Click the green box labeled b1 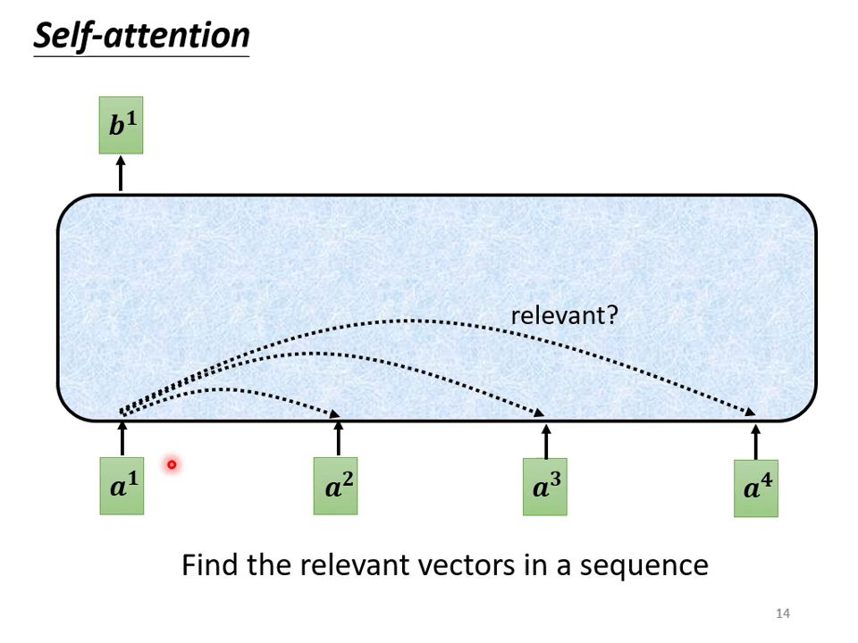(121, 125)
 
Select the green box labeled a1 (122, 487)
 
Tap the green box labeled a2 (335, 487)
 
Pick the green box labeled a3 (544, 488)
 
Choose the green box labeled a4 (755, 489)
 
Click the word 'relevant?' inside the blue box (564, 315)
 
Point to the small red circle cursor (171, 464)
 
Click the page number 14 (783, 613)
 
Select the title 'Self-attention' (141, 36)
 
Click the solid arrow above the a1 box (122, 438)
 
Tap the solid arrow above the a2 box (338, 438)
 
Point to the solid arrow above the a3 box (546, 441)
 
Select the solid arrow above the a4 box (755, 442)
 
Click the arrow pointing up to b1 (121, 173)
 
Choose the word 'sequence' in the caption (645, 566)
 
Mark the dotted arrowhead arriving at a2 (335, 413)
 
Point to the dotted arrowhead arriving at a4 (751, 412)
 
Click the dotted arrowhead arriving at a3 (541, 413)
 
